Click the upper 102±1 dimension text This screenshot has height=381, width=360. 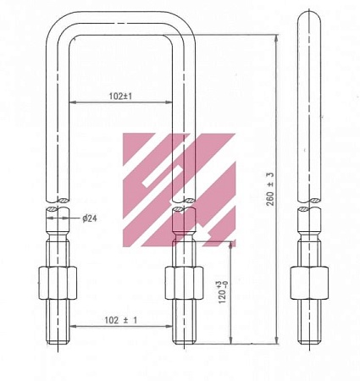point(120,97)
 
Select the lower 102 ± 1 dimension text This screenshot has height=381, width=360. point(121,320)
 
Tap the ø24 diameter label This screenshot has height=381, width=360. point(90,218)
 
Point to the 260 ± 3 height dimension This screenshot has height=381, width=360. point(270,189)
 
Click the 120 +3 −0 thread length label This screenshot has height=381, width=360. point(223,292)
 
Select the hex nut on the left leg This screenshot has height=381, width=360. point(58,283)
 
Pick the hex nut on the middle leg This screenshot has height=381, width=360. point(184,283)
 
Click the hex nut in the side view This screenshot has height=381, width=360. point(309,283)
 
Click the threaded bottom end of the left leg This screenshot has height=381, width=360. point(58,322)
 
